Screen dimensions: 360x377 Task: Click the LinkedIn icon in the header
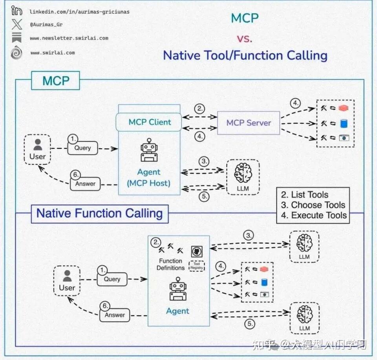tap(16, 11)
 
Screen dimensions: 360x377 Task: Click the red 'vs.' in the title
tap(244, 38)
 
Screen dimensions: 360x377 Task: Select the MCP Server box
tap(249, 123)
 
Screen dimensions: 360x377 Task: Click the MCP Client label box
tap(149, 122)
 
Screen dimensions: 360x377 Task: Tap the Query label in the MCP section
tap(82, 148)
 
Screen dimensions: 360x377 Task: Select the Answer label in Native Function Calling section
tap(114, 315)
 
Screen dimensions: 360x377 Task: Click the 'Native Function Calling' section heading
tap(99, 213)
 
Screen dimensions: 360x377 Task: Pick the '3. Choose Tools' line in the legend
tap(313, 205)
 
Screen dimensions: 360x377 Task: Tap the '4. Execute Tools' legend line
tap(314, 215)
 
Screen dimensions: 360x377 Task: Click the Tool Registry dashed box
tap(197, 266)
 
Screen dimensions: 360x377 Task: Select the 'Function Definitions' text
tap(170, 264)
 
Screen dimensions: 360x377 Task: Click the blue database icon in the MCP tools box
tap(344, 123)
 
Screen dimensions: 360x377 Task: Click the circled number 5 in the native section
tap(249, 324)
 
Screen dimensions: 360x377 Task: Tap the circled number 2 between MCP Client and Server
tap(200, 108)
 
